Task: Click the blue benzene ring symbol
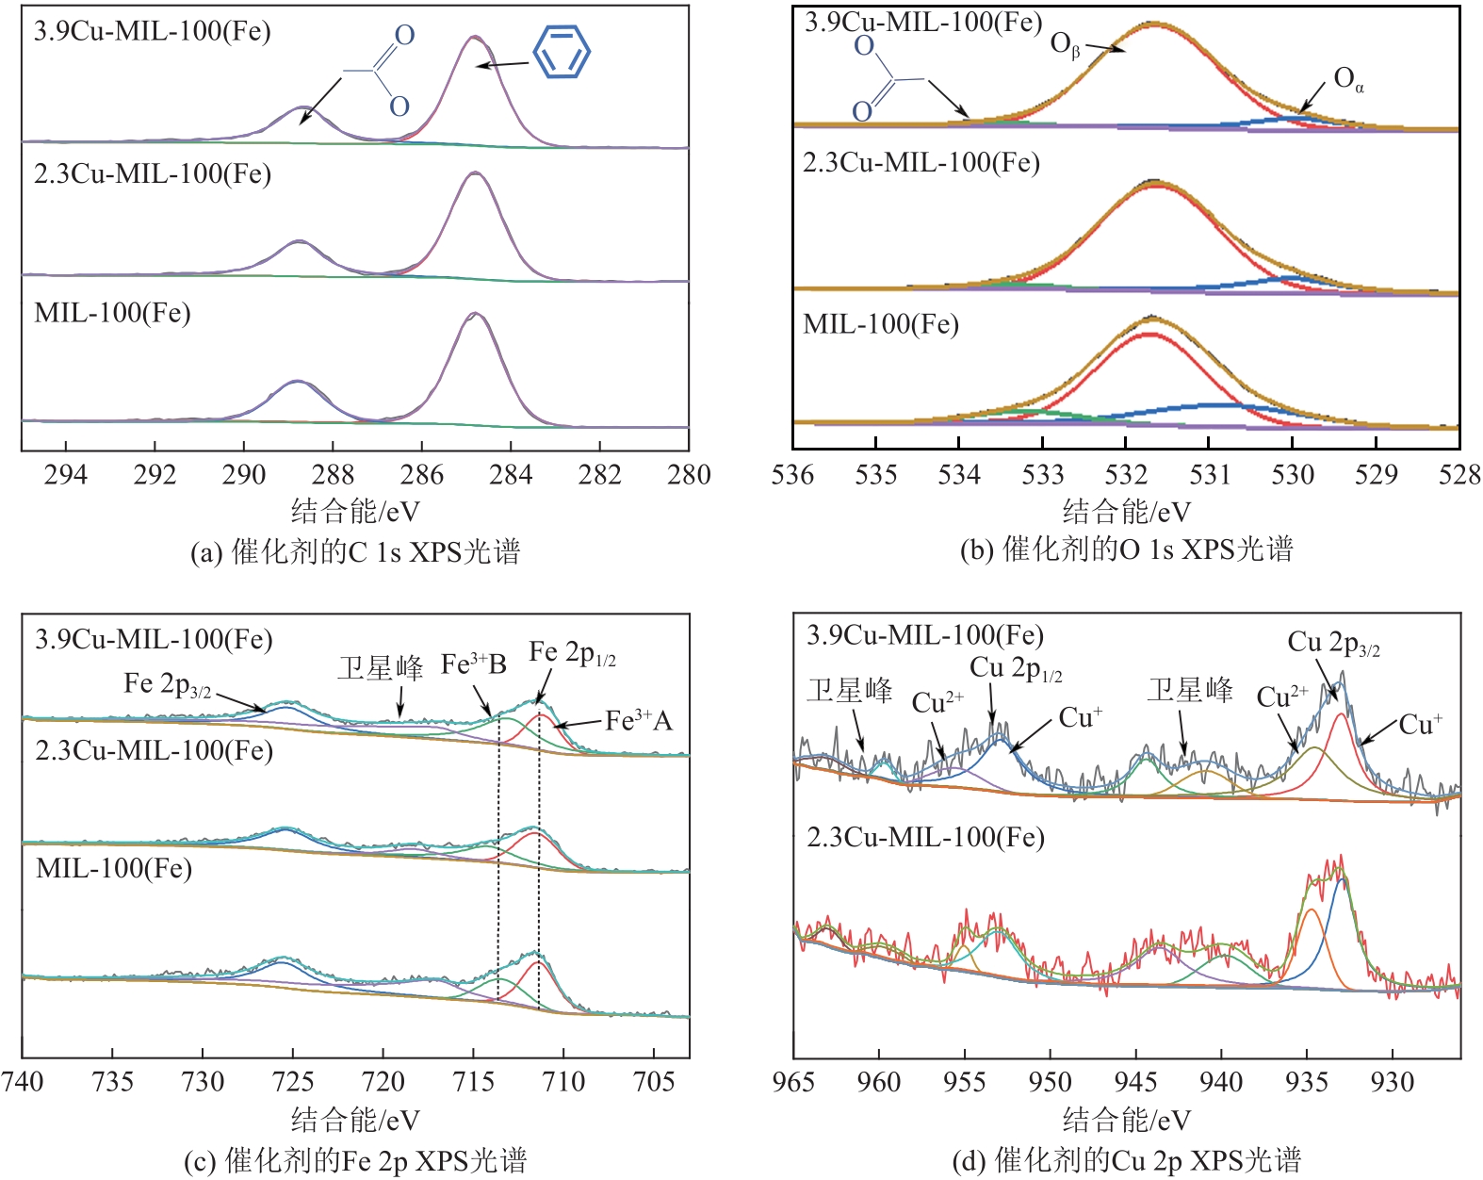[562, 52]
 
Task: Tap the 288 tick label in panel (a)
[333, 474]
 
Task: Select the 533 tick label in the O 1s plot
[1042, 474]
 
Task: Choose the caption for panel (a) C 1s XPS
[354, 551]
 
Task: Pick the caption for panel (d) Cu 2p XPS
[1126, 1159]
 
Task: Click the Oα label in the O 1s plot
[1348, 80]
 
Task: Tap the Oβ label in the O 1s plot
[1066, 44]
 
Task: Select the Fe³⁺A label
[639, 721]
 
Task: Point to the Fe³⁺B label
[473, 665]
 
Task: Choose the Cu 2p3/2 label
[1333, 644]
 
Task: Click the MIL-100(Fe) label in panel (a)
[112, 313]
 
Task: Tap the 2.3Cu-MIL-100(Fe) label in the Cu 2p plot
[925, 837]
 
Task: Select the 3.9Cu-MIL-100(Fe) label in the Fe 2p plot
[154, 640]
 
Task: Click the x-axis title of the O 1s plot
[1126, 512]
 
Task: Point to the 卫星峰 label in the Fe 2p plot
[381, 668]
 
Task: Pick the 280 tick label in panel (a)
[689, 474]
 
